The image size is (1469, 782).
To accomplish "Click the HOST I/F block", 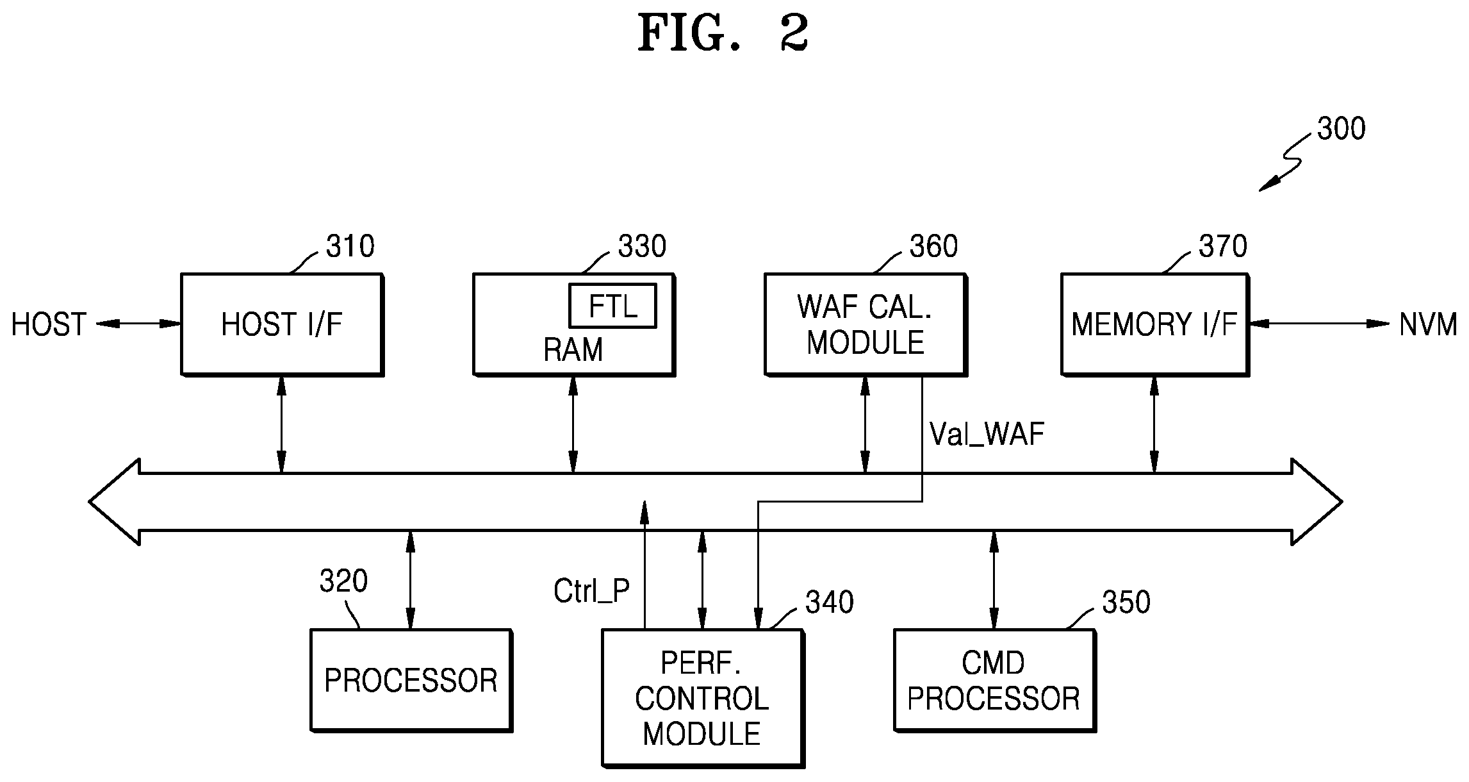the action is (x=282, y=324).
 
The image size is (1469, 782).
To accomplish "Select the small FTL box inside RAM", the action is (x=613, y=306).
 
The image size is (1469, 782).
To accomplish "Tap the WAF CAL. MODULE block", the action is (x=866, y=324).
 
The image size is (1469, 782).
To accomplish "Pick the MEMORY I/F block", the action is (x=1155, y=324).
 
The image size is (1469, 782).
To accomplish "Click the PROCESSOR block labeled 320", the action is (x=411, y=681).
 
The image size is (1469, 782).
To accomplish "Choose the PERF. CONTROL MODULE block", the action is (x=703, y=698).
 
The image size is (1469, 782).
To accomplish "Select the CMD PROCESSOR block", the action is (x=994, y=681).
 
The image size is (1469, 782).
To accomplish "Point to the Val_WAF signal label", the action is (x=987, y=435).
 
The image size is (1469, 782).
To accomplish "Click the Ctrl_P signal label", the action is (x=592, y=591).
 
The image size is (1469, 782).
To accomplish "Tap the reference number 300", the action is (x=1342, y=129).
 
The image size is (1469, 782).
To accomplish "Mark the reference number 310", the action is (x=350, y=246).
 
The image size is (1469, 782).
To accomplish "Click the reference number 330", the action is (x=642, y=246).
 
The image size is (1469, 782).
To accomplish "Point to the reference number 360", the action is (x=933, y=246).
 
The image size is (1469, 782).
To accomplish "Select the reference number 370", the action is (x=1223, y=246).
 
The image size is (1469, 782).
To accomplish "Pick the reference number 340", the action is (x=830, y=603).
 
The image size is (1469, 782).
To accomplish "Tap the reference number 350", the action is (x=1126, y=603).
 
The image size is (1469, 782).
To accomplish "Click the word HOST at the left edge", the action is (x=49, y=325).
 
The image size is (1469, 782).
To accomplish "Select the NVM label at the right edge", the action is (x=1428, y=325).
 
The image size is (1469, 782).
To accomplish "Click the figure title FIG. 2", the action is (x=723, y=33).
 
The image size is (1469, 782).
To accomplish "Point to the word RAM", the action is (x=573, y=350).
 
